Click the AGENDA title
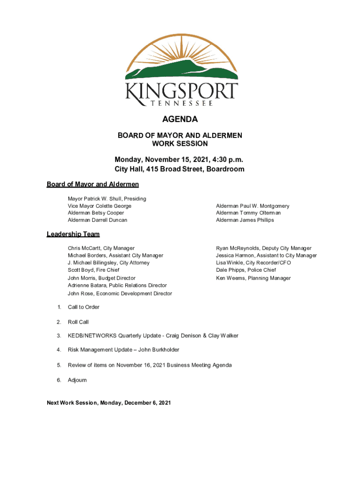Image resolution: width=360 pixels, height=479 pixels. [180, 119]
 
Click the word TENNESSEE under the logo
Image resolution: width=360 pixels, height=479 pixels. [180, 103]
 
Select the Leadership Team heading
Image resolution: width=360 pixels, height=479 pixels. [73, 234]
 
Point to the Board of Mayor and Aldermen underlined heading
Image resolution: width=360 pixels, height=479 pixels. [93, 184]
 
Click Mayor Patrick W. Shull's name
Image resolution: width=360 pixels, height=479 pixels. [107, 199]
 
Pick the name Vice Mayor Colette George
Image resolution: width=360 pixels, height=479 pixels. [100, 206]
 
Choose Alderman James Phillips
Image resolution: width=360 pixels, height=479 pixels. [245, 220]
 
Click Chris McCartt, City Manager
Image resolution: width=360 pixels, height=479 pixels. [101, 248]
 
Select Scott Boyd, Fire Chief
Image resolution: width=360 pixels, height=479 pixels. [94, 270]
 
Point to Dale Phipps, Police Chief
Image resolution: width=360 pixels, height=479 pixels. [246, 270]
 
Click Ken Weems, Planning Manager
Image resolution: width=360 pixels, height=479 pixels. [253, 278]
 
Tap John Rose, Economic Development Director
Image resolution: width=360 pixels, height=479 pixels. [120, 294]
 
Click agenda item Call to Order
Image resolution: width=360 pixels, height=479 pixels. [84, 307]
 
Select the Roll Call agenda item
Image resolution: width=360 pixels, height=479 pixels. [78, 322]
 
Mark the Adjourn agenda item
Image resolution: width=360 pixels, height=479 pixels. [77, 380]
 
